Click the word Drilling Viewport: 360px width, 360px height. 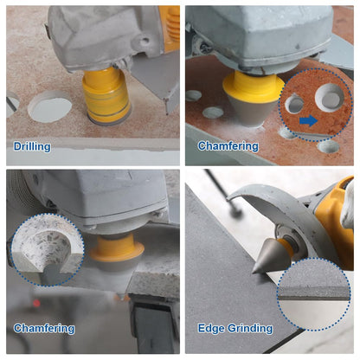coord(32,146)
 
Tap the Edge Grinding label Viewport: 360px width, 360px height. coord(235,328)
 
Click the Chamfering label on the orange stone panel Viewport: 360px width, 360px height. coord(228,146)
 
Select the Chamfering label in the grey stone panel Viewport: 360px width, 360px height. coord(44,328)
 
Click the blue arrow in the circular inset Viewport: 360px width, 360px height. coord(308,120)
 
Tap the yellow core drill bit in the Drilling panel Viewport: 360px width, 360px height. coord(106,95)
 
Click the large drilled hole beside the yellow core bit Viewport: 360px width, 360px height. coord(50,106)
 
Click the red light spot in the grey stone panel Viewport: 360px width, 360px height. coord(36,304)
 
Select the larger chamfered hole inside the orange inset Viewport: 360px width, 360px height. coord(329,98)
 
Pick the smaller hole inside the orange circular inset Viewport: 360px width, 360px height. coord(294,104)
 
